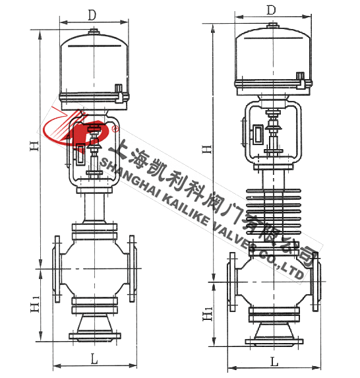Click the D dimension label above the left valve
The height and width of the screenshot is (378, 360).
92,15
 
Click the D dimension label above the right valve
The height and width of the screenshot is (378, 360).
272,10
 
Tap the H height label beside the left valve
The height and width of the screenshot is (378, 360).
34,146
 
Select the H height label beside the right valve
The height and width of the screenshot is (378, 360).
207,149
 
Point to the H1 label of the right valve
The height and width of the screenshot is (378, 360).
208,313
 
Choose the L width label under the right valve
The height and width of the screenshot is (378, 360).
274,362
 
